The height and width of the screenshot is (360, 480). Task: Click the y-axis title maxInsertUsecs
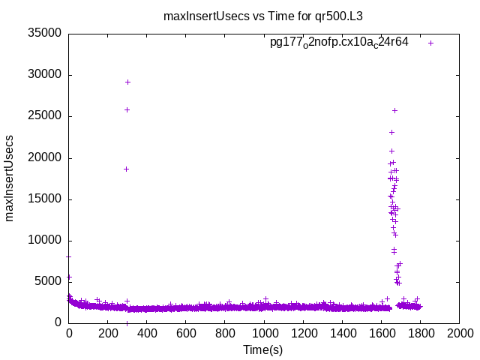[10, 178]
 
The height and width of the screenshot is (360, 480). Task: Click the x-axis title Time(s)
[263, 349]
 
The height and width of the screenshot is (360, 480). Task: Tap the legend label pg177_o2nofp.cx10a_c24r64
[339, 43]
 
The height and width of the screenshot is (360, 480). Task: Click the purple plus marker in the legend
[430, 43]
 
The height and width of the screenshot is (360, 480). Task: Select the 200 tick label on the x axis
[108, 334]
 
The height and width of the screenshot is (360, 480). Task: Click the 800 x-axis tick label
[225, 334]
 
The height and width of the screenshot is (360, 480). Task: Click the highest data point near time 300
[127, 82]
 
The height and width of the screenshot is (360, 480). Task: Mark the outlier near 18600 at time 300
[127, 169]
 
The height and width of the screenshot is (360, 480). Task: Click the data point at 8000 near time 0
[69, 256]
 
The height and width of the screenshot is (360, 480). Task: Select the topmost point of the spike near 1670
[394, 110]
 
